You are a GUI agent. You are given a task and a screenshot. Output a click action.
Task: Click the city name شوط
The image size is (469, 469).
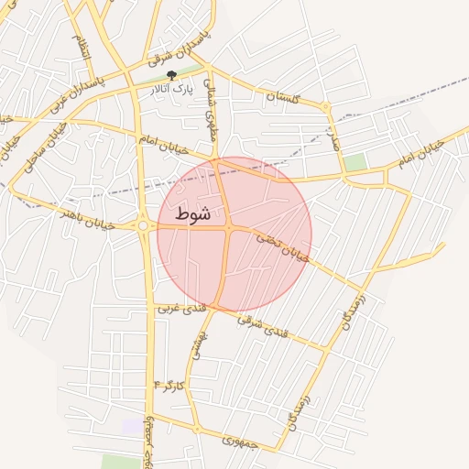coord(192,213)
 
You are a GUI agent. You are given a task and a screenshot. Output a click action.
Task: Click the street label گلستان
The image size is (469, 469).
coord(284,96)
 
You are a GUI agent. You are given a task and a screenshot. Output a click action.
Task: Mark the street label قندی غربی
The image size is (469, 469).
coord(177,309)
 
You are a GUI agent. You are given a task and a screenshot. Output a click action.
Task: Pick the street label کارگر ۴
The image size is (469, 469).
coord(171,385)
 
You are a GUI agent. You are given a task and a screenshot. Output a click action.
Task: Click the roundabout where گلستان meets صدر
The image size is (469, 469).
coord(325,108)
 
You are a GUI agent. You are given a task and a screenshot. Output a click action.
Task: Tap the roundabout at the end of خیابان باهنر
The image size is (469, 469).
coord(144,225)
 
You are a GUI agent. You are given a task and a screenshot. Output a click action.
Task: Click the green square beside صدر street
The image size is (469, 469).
coord(355,162)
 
